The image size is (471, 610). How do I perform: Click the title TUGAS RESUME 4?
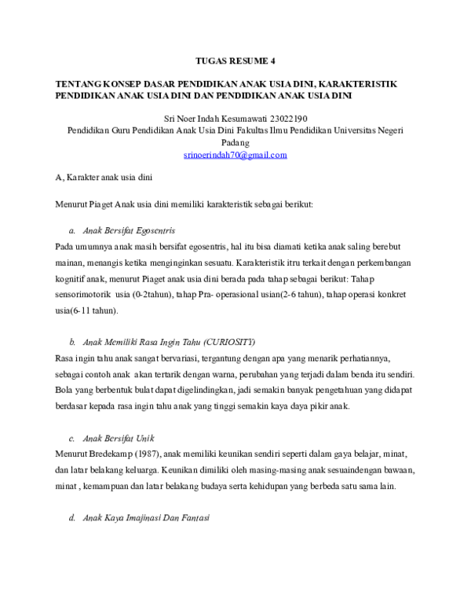pos(235,60)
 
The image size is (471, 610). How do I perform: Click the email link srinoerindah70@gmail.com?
pos(235,156)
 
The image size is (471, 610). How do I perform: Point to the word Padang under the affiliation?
pos(235,143)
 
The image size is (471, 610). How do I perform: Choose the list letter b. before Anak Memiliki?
pos(72,343)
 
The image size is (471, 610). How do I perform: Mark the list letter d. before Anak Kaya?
pos(72,520)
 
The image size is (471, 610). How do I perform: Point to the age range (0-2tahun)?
pos(161,294)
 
